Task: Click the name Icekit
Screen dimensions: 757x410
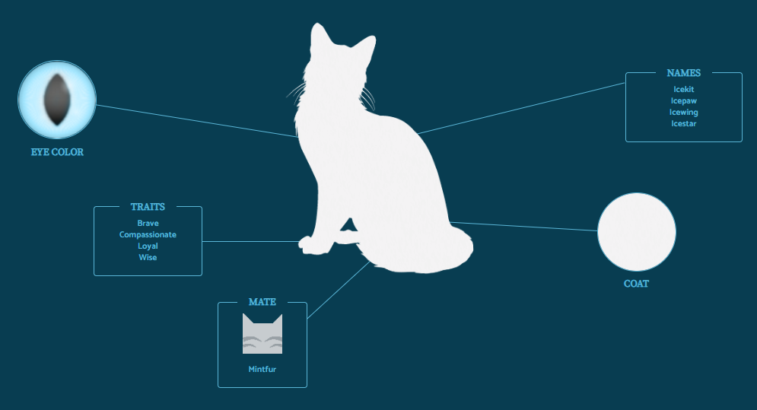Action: click(x=683, y=90)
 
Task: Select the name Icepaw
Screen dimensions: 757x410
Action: click(x=683, y=100)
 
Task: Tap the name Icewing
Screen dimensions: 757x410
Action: click(x=683, y=112)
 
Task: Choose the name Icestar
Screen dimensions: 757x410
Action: click(x=683, y=123)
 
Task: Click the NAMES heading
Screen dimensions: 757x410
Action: click(x=683, y=73)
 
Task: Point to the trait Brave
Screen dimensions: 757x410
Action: click(x=148, y=224)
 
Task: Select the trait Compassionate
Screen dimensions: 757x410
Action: click(x=148, y=235)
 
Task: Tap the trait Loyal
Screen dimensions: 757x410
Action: click(x=148, y=246)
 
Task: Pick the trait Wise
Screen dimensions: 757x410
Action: click(x=148, y=258)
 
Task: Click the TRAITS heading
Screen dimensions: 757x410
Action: click(x=148, y=207)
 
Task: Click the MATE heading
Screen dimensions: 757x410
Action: click(x=262, y=302)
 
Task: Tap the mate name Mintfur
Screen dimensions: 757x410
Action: click(x=262, y=370)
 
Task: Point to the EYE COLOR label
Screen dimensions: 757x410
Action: click(x=57, y=152)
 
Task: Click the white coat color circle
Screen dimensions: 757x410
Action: click(x=637, y=233)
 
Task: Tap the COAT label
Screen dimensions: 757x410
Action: click(x=636, y=284)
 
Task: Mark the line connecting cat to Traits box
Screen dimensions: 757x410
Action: click(x=251, y=242)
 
